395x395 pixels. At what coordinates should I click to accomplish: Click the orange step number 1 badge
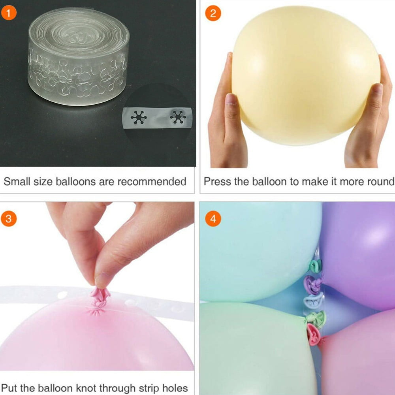click(x=9, y=13)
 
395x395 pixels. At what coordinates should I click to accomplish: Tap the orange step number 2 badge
click(x=213, y=13)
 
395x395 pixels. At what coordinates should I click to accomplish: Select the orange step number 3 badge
click(x=9, y=219)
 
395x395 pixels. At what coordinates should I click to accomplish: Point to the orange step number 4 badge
click(x=213, y=219)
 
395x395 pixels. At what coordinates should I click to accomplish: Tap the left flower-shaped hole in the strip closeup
click(x=139, y=117)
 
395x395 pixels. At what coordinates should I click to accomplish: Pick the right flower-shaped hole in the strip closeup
click(x=178, y=117)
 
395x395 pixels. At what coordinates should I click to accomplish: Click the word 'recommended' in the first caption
click(x=152, y=182)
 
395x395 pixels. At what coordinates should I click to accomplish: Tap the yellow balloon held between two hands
click(x=305, y=75)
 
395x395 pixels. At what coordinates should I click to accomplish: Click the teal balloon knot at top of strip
click(x=316, y=266)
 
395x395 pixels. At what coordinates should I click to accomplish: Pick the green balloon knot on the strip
click(x=316, y=320)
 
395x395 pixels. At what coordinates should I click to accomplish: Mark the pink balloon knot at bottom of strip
click(x=313, y=335)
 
